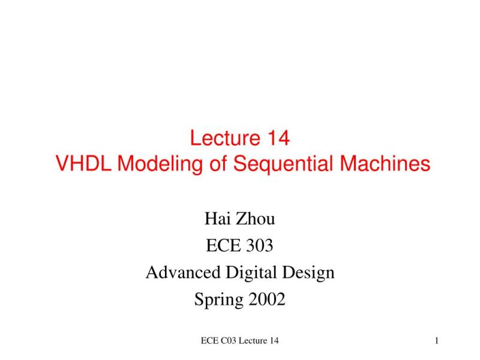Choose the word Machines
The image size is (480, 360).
[x=386, y=164]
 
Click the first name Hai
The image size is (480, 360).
[x=217, y=219]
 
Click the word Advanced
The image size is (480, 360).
[x=183, y=273]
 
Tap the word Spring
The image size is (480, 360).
[x=216, y=299]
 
